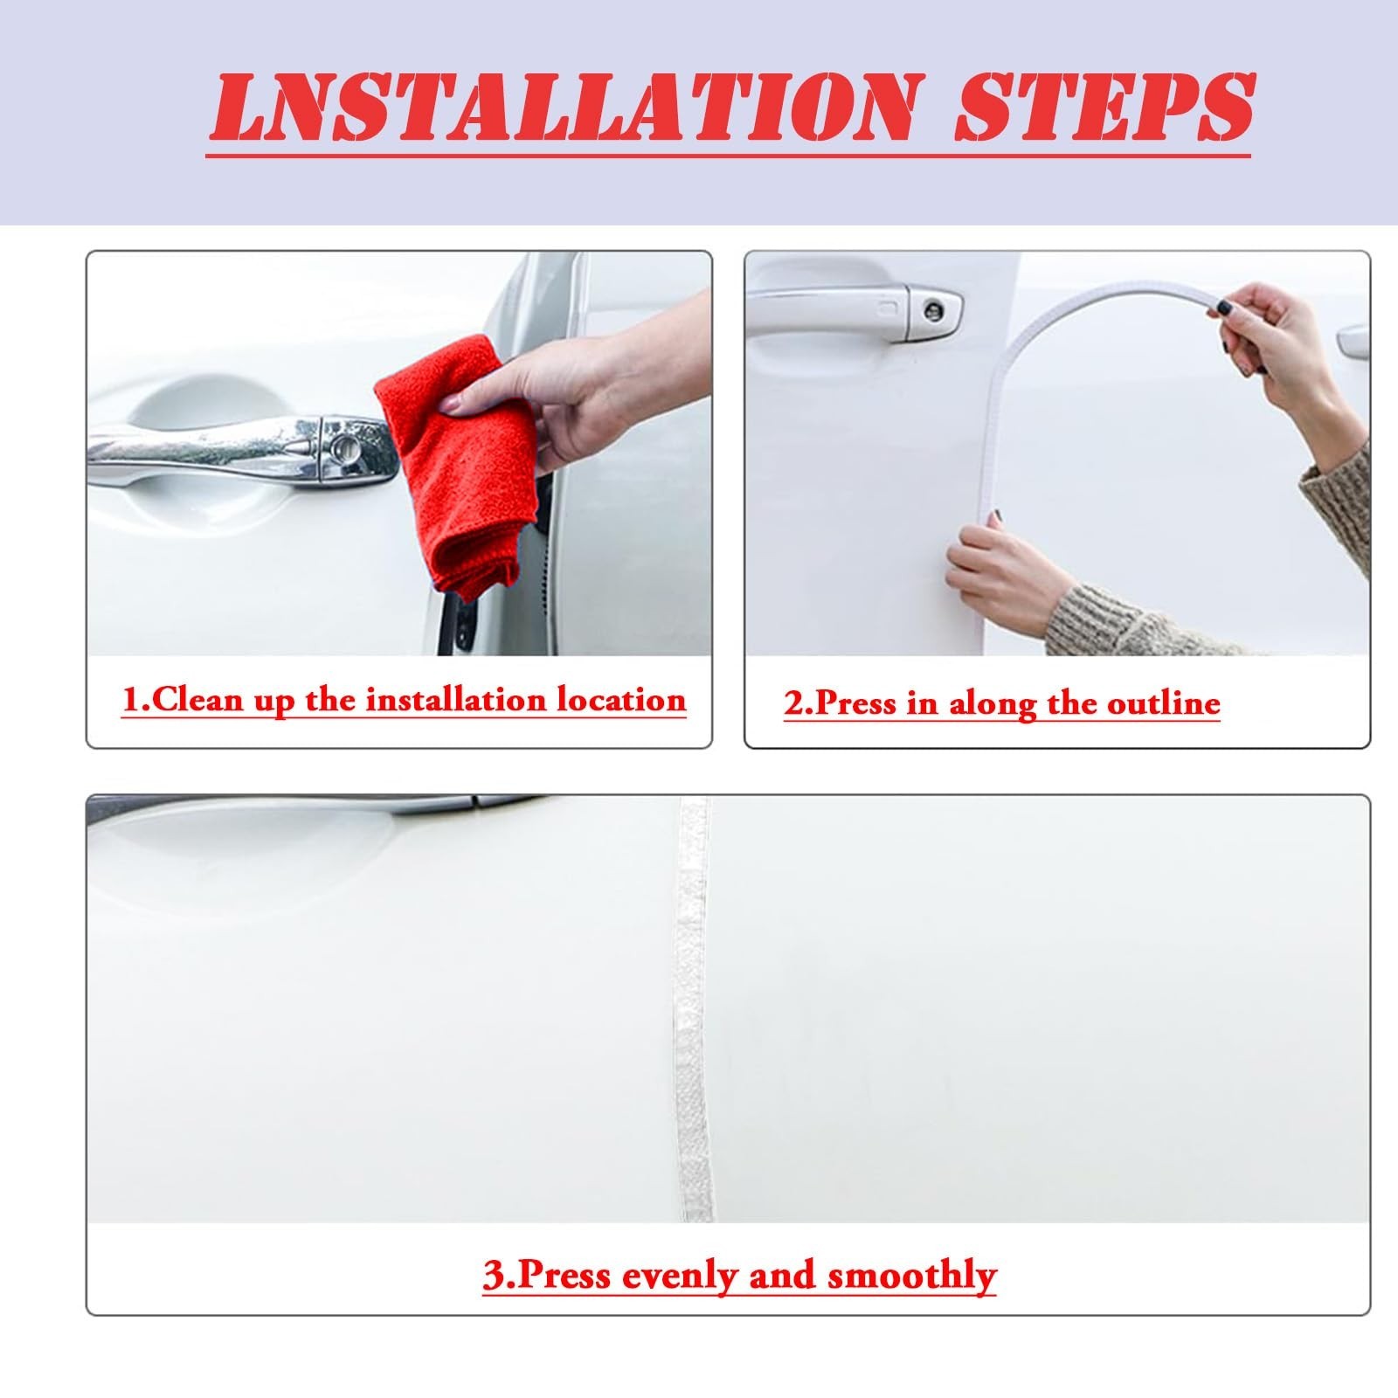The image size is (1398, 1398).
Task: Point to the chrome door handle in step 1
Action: [243, 451]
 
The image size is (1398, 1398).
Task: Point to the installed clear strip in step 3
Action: [695, 1009]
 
